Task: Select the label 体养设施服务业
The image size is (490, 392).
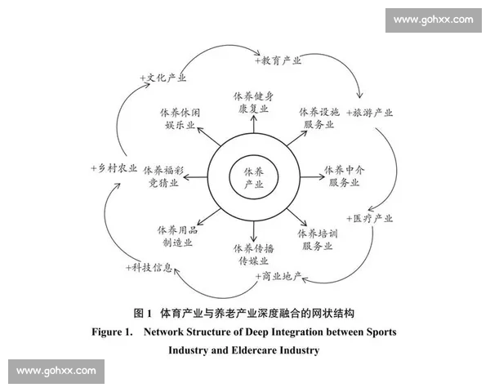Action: point(319,118)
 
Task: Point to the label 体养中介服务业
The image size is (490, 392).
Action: point(343,176)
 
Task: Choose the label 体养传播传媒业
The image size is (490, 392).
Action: point(253,254)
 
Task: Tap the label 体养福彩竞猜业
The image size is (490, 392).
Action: point(163,177)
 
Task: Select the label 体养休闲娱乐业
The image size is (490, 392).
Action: point(180,118)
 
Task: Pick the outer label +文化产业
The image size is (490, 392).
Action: point(163,78)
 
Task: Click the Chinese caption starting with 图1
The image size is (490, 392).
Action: point(244,313)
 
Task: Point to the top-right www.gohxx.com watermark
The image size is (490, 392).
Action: point(434,18)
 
